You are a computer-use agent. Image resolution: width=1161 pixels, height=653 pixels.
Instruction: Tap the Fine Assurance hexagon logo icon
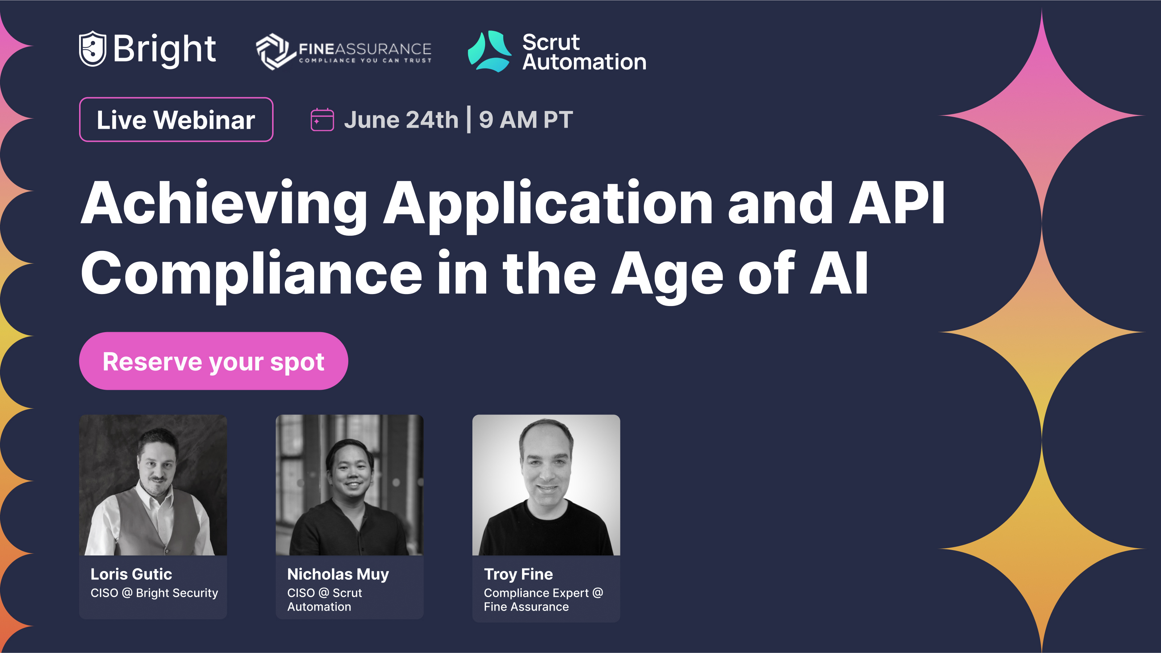pos(273,51)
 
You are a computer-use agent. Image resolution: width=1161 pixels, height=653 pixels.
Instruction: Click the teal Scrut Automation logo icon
pos(489,51)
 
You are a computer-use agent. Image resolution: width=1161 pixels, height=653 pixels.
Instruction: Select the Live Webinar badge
pos(176,120)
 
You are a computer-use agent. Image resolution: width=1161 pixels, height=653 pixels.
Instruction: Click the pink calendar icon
pos(322,120)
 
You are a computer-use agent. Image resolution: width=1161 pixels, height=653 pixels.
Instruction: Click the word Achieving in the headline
pos(223,203)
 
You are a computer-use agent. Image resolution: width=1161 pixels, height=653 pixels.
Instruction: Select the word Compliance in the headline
pos(251,274)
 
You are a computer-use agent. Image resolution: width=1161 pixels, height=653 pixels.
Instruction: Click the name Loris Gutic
pos(131,574)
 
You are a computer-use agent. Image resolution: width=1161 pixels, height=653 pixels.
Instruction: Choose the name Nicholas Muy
pos(338,574)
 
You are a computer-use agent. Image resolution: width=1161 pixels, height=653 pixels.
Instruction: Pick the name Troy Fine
pos(518,574)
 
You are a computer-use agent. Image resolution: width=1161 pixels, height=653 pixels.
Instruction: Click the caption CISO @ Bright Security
pos(154,593)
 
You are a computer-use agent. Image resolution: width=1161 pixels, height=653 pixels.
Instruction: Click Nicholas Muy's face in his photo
pos(350,473)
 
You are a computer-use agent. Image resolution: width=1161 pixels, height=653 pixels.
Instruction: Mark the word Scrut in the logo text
pos(551,43)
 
